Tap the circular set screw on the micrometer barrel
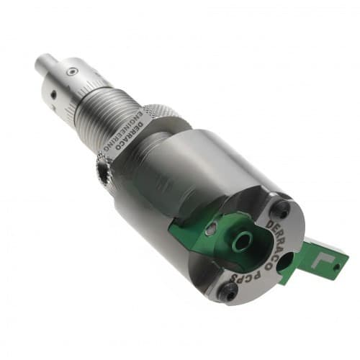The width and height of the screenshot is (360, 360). tap(72, 71)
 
